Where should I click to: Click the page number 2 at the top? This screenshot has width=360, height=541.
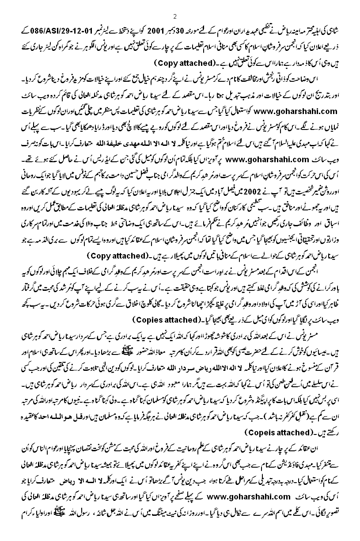pos(175,16)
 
